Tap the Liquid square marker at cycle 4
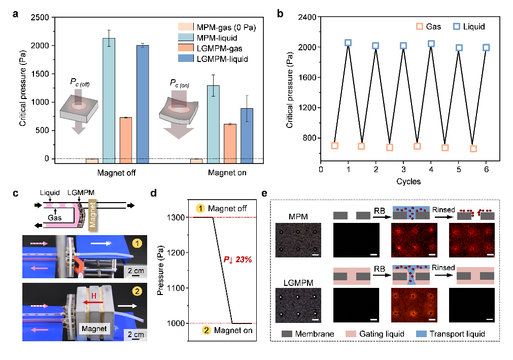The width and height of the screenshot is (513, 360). pyautogui.click(x=431, y=44)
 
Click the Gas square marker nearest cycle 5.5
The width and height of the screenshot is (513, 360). pyautogui.click(x=473, y=149)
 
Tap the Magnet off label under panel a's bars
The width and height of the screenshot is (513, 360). pyautogui.click(x=117, y=173)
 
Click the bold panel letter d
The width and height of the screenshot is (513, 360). pyautogui.click(x=161, y=193)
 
